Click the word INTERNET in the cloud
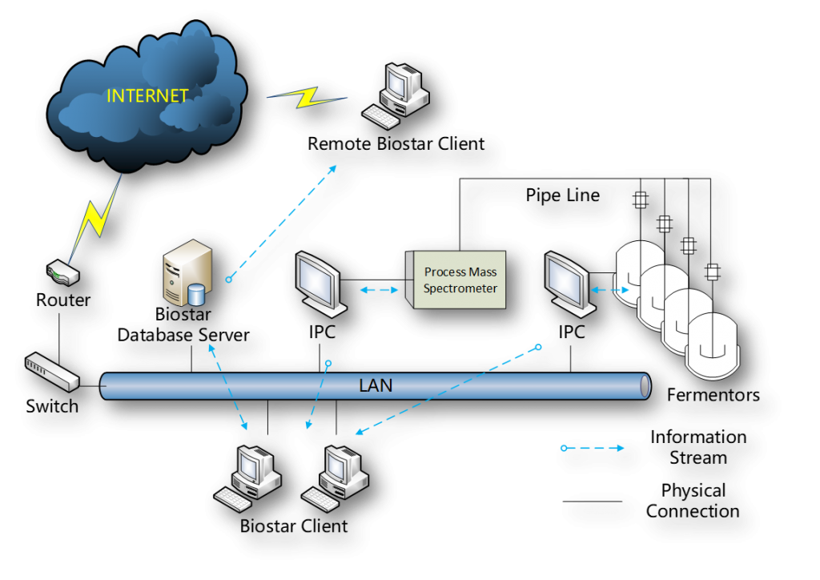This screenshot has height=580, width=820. coord(148,96)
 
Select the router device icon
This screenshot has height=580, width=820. coord(62,275)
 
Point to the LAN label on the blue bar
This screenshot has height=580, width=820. coord(376,385)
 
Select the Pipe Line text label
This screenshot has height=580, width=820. coord(562,195)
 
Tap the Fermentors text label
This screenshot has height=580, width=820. coord(713,395)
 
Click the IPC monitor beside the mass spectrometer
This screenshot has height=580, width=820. coord(318,282)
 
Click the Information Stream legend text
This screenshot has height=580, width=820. coord(698,448)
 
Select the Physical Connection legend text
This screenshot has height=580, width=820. coord(693,501)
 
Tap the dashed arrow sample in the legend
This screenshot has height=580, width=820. coord(593,449)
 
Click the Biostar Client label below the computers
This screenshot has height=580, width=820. coord(294,526)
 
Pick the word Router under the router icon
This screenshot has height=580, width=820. coord(63,301)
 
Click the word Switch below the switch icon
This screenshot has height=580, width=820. coord(53,405)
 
